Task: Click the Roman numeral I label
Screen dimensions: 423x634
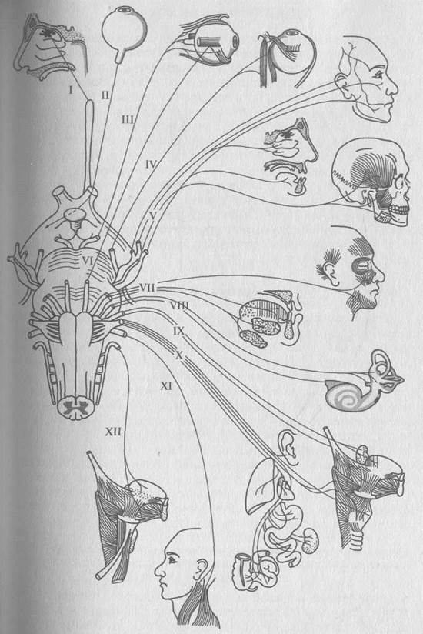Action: (71, 89)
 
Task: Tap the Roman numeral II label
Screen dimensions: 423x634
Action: (105, 96)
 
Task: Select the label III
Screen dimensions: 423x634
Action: (128, 119)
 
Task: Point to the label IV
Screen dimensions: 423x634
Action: (151, 164)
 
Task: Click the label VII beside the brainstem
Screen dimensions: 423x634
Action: (148, 288)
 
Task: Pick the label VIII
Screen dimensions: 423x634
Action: (179, 305)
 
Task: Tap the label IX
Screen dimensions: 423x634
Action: (178, 332)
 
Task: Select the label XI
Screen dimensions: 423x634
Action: (166, 386)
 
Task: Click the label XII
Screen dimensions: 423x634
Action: (114, 432)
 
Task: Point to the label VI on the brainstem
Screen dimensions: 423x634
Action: (88, 261)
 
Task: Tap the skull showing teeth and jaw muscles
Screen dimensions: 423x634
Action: (371, 182)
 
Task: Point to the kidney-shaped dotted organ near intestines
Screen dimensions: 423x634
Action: (312, 540)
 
